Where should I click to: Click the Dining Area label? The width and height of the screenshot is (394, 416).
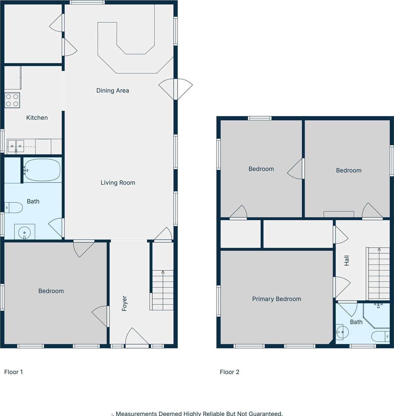click(112, 91)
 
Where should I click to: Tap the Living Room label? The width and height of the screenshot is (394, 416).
click(118, 182)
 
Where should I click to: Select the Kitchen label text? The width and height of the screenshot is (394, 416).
click(37, 118)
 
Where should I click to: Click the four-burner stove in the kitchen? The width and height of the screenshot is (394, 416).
click(12, 100)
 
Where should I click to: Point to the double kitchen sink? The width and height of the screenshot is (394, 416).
click(16, 146)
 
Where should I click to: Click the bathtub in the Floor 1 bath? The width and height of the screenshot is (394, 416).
click(42, 170)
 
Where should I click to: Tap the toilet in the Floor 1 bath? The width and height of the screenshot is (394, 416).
click(14, 208)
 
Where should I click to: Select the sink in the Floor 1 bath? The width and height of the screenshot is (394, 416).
click(25, 232)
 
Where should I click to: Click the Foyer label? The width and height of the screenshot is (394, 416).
click(124, 303)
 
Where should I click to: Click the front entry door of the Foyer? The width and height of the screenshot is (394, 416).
click(137, 337)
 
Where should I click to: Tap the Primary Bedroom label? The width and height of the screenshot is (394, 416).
click(276, 299)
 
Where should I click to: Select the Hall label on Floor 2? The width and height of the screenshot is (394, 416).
click(347, 260)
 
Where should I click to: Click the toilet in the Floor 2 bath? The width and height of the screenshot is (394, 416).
click(380, 336)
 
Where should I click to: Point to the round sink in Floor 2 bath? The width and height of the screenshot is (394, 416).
click(343, 332)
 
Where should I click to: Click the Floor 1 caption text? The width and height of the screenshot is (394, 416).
click(14, 372)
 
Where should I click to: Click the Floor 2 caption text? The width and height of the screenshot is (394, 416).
click(229, 372)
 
